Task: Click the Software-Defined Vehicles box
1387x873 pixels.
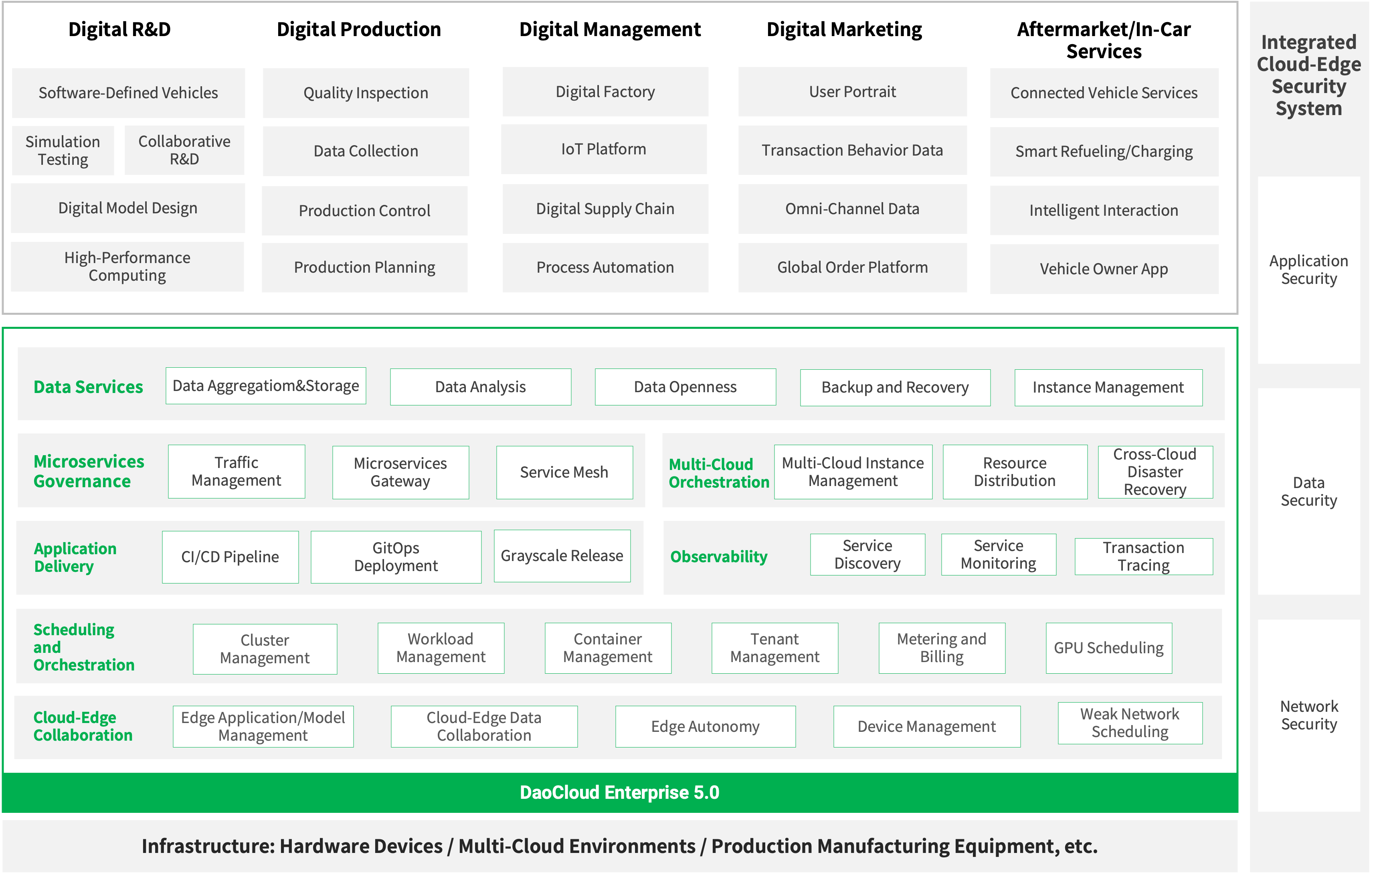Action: pyautogui.click(x=128, y=93)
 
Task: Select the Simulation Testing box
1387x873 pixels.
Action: pyautogui.click(x=63, y=150)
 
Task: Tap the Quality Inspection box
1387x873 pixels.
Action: pyautogui.click(x=366, y=93)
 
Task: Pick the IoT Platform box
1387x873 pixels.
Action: pyautogui.click(x=604, y=149)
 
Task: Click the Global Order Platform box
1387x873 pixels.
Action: pyautogui.click(x=853, y=267)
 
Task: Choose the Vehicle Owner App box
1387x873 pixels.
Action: pyautogui.click(x=1104, y=269)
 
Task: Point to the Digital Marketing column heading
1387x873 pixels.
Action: pyautogui.click(x=844, y=29)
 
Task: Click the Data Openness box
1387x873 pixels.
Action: pyautogui.click(x=685, y=387)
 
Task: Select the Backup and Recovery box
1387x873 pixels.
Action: pyautogui.click(x=895, y=387)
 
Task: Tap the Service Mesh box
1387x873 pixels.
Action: pyautogui.click(x=564, y=472)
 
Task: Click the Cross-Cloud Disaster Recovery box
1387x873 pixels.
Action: pyautogui.click(x=1155, y=472)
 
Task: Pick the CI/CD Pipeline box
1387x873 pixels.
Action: pyautogui.click(x=230, y=557)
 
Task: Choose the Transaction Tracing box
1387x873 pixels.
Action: pyautogui.click(x=1144, y=556)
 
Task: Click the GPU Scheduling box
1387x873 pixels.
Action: pyautogui.click(x=1109, y=648)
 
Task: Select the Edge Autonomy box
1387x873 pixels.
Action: pyautogui.click(x=706, y=727)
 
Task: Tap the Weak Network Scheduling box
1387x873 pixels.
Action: pyautogui.click(x=1130, y=723)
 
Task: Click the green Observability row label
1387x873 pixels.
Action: pyautogui.click(x=719, y=557)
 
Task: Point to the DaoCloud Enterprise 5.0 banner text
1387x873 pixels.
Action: pyautogui.click(x=620, y=792)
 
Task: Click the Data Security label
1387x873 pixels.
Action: pyautogui.click(x=1309, y=492)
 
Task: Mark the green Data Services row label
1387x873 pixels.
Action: pyautogui.click(x=88, y=387)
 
